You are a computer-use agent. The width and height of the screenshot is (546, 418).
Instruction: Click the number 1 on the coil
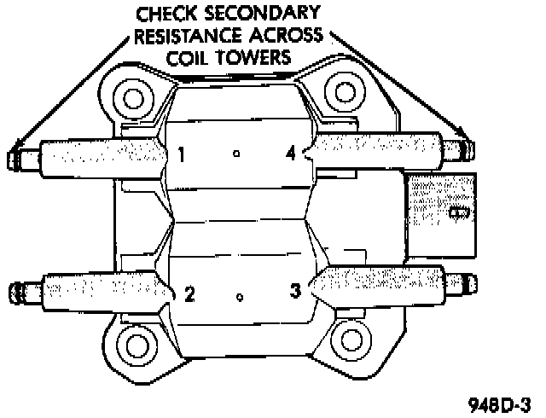182,155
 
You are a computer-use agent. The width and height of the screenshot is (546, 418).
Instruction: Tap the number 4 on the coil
292,154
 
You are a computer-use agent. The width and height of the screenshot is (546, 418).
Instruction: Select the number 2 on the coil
189,295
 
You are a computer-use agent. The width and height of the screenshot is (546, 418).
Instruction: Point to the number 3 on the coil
295,292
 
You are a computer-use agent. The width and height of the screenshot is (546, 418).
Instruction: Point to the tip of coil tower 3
465,283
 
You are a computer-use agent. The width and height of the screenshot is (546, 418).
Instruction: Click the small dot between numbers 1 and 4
237,154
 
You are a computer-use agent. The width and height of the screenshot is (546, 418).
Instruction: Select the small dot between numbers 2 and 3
241,298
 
